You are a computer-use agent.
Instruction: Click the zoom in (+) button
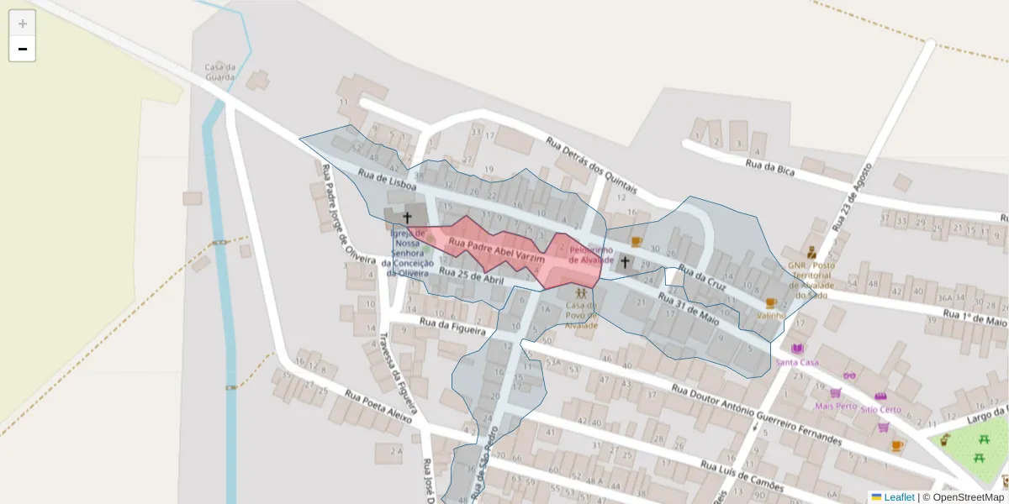(x=22, y=24)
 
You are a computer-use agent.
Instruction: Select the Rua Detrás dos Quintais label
(x=591, y=165)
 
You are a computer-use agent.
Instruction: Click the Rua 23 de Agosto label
(x=852, y=196)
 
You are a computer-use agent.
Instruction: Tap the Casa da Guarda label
(x=219, y=72)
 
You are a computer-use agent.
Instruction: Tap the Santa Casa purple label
(x=797, y=362)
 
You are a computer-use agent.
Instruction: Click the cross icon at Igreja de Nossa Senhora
(x=408, y=218)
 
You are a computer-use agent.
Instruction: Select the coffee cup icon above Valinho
(x=771, y=303)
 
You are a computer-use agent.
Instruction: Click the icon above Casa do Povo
(x=581, y=293)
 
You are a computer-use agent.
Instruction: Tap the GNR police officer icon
(x=811, y=251)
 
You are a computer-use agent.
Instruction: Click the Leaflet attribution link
(x=898, y=497)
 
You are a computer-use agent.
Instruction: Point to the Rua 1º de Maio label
(x=974, y=318)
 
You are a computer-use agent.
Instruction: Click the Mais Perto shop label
(x=836, y=406)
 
